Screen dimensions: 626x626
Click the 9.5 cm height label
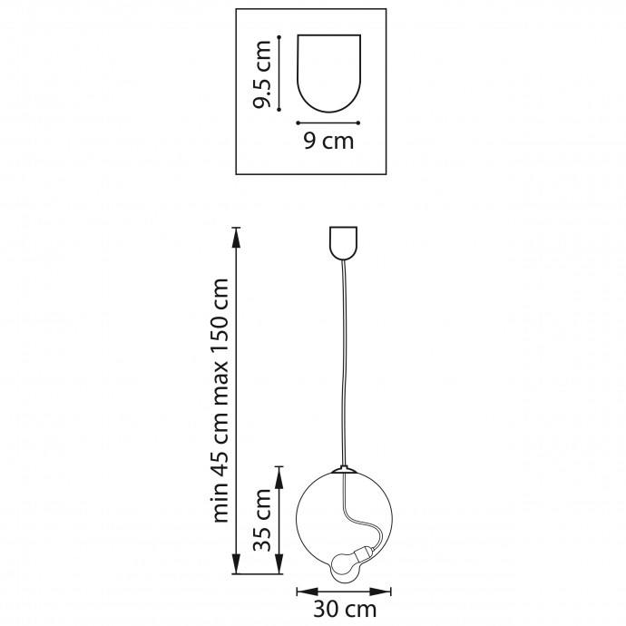(263, 73)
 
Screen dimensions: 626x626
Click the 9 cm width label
(328, 141)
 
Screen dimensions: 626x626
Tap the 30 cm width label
(345, 610)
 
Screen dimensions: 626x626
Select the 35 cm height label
(263, 520)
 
